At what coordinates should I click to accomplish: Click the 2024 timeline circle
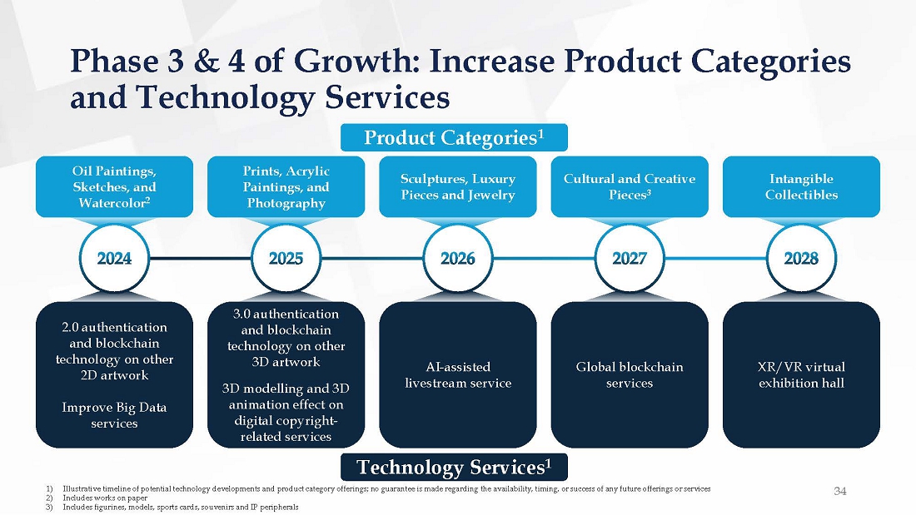(x=114, y=258)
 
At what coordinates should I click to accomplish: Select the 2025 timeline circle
(x=286, y=258)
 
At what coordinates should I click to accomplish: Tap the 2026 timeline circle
(x=458, y=258)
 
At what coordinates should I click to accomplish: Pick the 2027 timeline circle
(x=630, y=258)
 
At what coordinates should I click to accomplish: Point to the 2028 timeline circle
(x=801, y=258)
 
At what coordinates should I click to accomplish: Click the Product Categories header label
(x=453, y=138)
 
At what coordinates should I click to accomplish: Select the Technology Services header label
(x=453, y=467)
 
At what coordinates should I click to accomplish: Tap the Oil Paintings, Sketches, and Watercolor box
(x=114, y=187)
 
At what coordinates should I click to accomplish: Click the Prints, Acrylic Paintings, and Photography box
(x=286, y=187)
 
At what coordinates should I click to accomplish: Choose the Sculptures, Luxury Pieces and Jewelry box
(x=458, y=187)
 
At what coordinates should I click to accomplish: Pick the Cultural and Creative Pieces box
(x=630, y=187)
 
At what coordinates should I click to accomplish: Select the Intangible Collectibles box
(x=801, y=187)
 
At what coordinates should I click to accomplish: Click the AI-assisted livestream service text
(x=458, y=375)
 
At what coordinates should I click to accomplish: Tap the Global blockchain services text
(x=630, y=375)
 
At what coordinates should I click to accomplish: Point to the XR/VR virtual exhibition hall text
(x=801, y=375)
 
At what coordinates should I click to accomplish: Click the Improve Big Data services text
(x=114, y=415)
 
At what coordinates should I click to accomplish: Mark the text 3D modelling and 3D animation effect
(x=286, y=397)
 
